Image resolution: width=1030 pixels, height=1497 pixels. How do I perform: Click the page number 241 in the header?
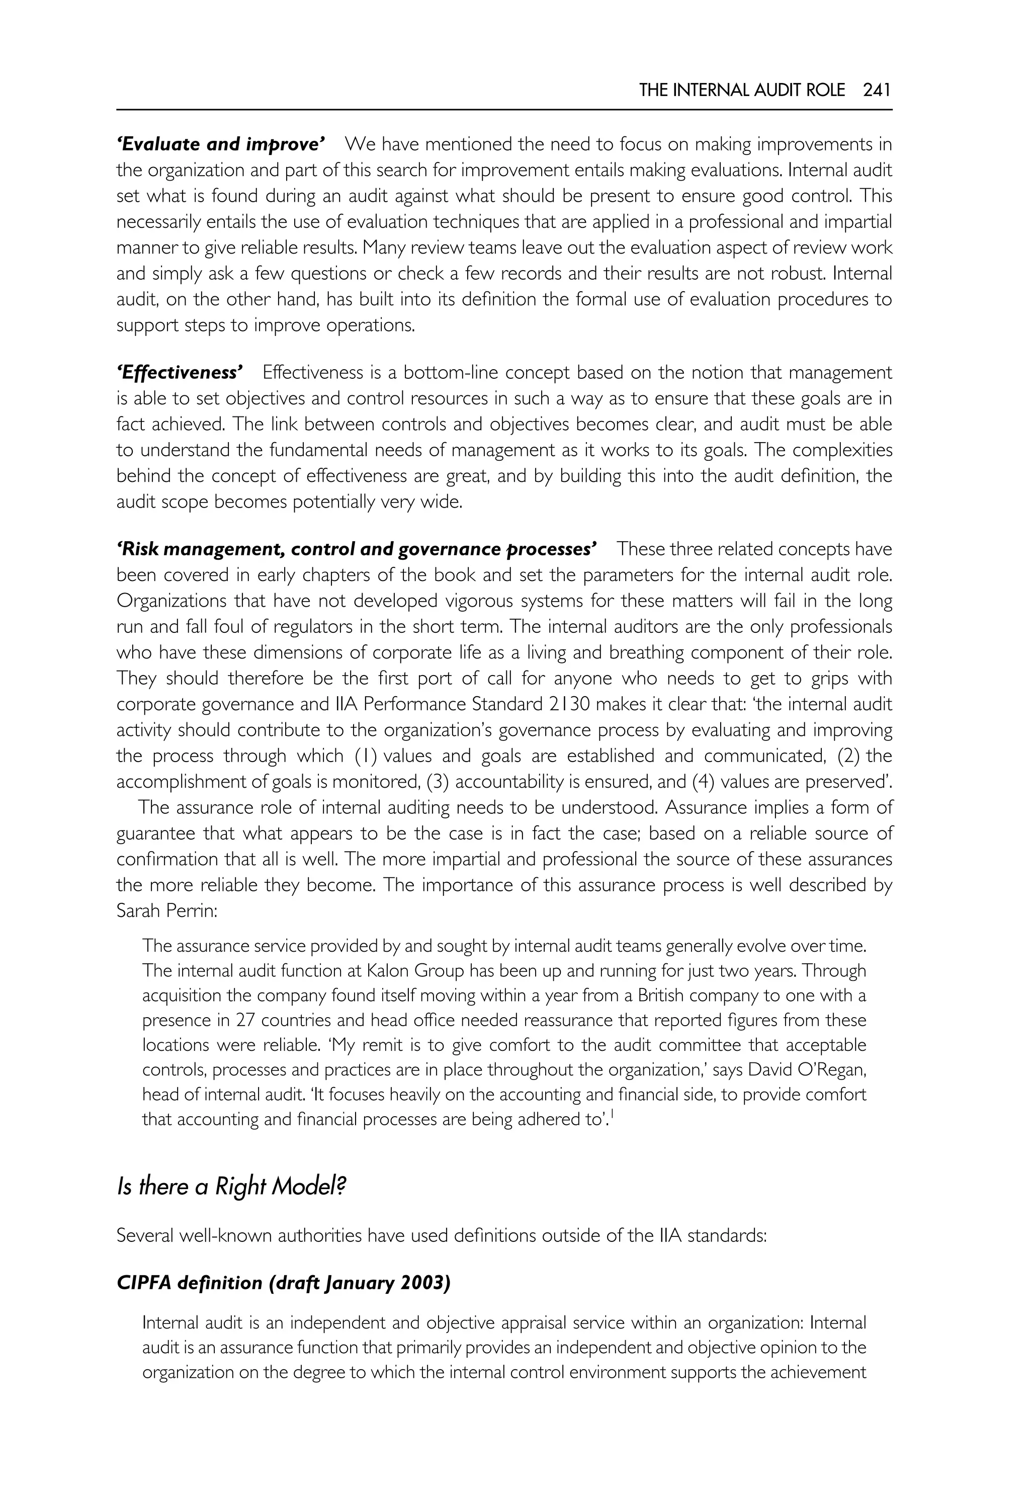[x=877, y=91]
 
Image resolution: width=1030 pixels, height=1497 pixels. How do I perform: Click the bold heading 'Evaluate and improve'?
[x=221, y=144]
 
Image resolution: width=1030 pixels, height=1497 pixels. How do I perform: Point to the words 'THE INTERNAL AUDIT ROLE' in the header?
[x=741, y=91]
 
